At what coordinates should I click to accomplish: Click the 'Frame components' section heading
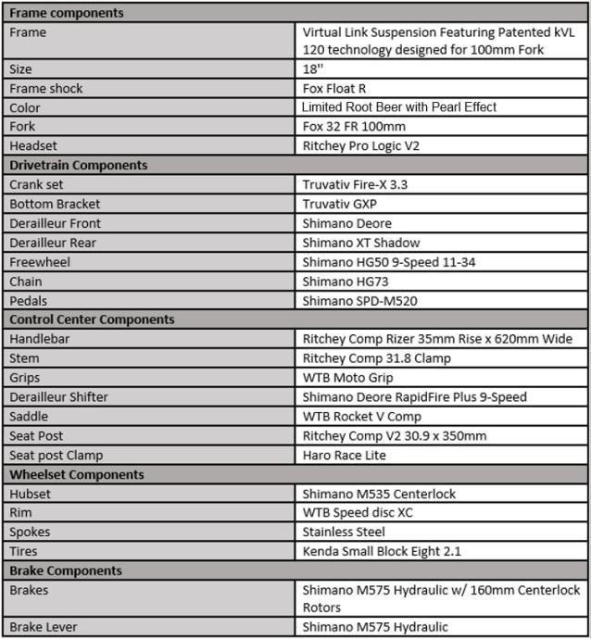click(x=66, y=13)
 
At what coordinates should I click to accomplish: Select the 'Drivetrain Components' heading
click(x=78, y=165)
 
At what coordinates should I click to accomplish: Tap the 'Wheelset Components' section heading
click(x=76, y=474)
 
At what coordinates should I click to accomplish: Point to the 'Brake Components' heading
click(x=66, y=570)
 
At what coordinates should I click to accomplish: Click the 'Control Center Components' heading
click(x=92, y=319)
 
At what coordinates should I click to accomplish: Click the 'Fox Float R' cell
click(x=336, y=88)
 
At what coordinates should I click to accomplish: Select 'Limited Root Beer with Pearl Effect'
click(x=399, y=107)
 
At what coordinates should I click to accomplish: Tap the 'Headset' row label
click(x=35, y=145)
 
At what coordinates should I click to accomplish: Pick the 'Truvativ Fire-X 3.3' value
click(x=355, y=184)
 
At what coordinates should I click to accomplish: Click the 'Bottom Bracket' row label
click(x=55, y=204)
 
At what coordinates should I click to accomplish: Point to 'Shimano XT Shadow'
click(x=361, y=243)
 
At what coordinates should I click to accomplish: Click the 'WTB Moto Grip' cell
click(x=347, y=378)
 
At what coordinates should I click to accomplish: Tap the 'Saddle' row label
click(x=30, y=416)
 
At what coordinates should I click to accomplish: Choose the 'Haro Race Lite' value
click(x=345, y=455)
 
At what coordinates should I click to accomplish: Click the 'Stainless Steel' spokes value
click(x=344, y=532)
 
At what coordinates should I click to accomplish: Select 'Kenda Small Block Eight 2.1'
click(x=382, y=551)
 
